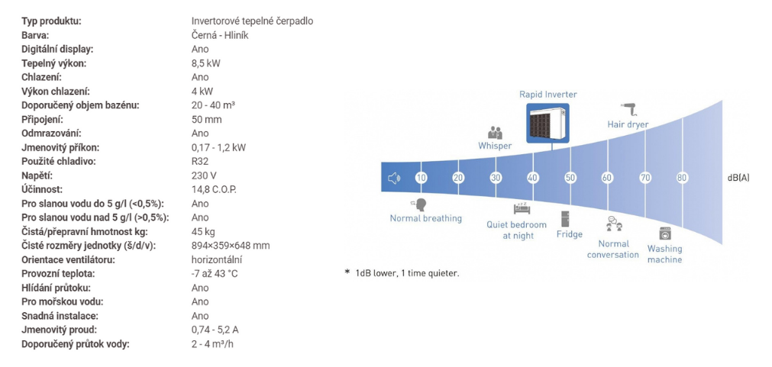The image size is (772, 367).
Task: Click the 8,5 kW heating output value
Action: pos(205,63)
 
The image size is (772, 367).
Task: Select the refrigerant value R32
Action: pos(199,161)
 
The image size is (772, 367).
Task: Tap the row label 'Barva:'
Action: pos(35,35)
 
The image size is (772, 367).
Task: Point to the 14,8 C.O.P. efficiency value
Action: pos(214,189)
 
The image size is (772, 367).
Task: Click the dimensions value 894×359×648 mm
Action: pos(231,246)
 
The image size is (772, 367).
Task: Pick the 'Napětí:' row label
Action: pos(37,175)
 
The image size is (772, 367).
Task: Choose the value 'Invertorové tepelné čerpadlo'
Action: pos(252,21)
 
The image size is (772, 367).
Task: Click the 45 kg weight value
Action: pos(203,232)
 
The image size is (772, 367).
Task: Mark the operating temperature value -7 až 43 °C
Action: pos(215,273)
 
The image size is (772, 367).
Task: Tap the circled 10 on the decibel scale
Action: pos(421,178)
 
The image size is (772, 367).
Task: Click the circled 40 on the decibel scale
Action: pos(533,178)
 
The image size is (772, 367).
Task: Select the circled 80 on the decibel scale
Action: pos(682,178)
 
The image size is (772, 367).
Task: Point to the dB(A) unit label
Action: pos(738,178)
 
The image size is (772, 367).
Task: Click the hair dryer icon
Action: pos(628,108)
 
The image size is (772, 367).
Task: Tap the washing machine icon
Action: pos(665,233)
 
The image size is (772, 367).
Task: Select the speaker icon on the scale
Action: pos(394,178)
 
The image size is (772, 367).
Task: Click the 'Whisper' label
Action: pos(495,146)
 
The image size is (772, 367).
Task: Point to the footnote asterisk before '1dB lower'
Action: pos(347,272)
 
